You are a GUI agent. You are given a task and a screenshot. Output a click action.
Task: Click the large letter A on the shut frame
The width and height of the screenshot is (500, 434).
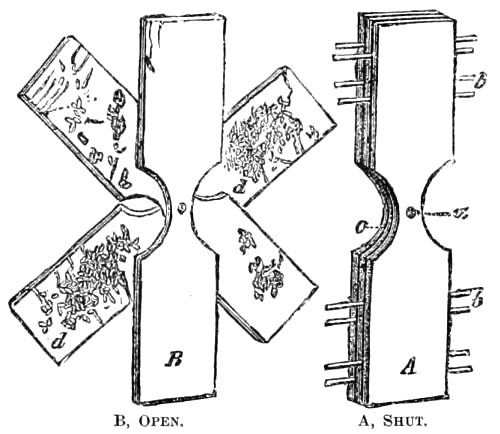[408, 367]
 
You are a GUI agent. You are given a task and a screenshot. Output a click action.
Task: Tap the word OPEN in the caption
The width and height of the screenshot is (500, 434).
[161, 422]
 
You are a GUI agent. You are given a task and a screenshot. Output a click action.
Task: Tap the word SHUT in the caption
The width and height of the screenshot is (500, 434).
[405, 422]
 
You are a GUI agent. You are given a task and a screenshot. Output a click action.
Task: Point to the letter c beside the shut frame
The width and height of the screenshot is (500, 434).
[361, 227]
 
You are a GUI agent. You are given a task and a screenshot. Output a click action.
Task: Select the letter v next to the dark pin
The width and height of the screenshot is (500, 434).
[462, 213]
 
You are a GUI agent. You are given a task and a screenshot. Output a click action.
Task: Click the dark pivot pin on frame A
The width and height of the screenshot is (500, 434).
[411, 212]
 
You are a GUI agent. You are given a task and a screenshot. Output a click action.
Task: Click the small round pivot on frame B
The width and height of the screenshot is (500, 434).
[182, 209]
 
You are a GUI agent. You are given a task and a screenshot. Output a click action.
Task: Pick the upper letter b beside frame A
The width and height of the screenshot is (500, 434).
[479, 80]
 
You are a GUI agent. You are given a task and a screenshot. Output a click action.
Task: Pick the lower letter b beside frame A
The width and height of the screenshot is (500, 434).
[477, 297]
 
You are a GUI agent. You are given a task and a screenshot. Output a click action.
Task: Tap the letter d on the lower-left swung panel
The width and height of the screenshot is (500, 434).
[60, 341]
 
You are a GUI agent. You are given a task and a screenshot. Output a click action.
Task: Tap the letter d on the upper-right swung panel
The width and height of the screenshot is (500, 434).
[239, 187]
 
